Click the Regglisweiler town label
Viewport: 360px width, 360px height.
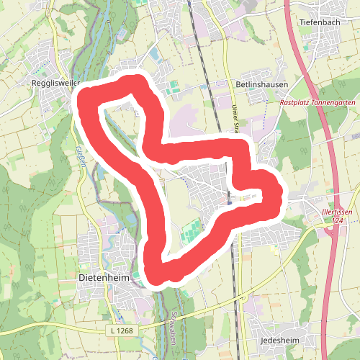pyautogui.click(x=44, y=84)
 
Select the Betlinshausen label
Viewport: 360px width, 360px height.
pyautogui.click(x=262, y=84)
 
